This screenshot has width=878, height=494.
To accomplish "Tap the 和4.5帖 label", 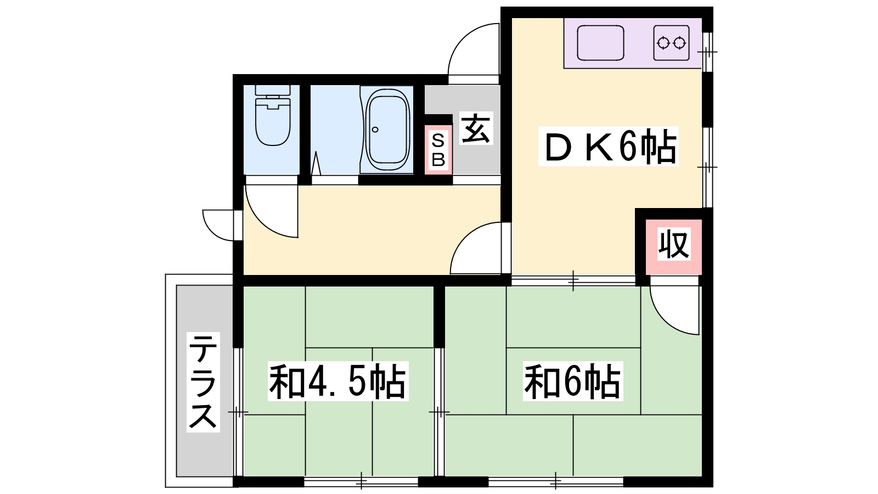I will tap(337, 381).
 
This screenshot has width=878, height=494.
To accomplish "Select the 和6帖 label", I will tap(572, 381).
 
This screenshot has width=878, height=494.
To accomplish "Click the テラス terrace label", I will tap(202, 382).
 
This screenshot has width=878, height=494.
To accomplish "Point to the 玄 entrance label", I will tap(475, 128).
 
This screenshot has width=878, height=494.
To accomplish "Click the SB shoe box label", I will tap(438, 150).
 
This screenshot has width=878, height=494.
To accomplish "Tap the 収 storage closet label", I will tap(673, 245).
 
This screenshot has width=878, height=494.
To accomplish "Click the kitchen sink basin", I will tap(601, 43).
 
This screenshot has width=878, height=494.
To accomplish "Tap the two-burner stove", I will tap(672, 42).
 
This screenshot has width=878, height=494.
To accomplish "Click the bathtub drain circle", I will tap(375, 130).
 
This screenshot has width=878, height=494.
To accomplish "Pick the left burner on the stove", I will tap(663, 42).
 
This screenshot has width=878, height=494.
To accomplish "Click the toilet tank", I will tap(273, 90).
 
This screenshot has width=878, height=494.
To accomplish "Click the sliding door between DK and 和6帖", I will tap(573, 280).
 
